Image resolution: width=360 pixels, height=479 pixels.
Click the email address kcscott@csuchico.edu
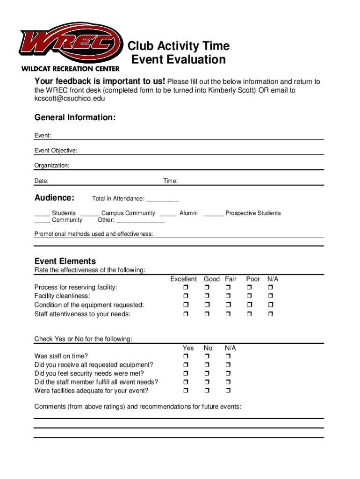(x=70, y=99)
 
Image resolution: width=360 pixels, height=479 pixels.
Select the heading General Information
(x=75, y=117)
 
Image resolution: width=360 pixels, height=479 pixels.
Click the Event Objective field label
(x=56, y=151)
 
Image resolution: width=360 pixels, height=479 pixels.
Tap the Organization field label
(x=51, y=166)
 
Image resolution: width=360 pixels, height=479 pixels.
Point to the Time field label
(x=170, y=181)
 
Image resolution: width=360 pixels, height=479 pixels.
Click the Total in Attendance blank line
(x=162, y=199)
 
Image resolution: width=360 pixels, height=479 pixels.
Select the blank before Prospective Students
(x=214, y=214)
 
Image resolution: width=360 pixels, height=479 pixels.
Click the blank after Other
(x=140, y=220)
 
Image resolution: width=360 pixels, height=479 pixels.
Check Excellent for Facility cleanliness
(x=185, y=296)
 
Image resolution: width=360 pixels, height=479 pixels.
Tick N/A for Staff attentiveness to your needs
(x=270, y=314)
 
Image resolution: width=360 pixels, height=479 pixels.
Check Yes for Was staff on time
(x=185, y=356)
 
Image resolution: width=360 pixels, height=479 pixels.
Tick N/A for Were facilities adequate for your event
(x=227, y=391)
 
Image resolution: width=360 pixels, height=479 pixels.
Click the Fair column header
(x=230, y=279)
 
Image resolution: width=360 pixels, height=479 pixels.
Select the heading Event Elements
(x=65, y=261)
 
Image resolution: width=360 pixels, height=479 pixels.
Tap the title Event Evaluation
(x=178, y=60)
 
